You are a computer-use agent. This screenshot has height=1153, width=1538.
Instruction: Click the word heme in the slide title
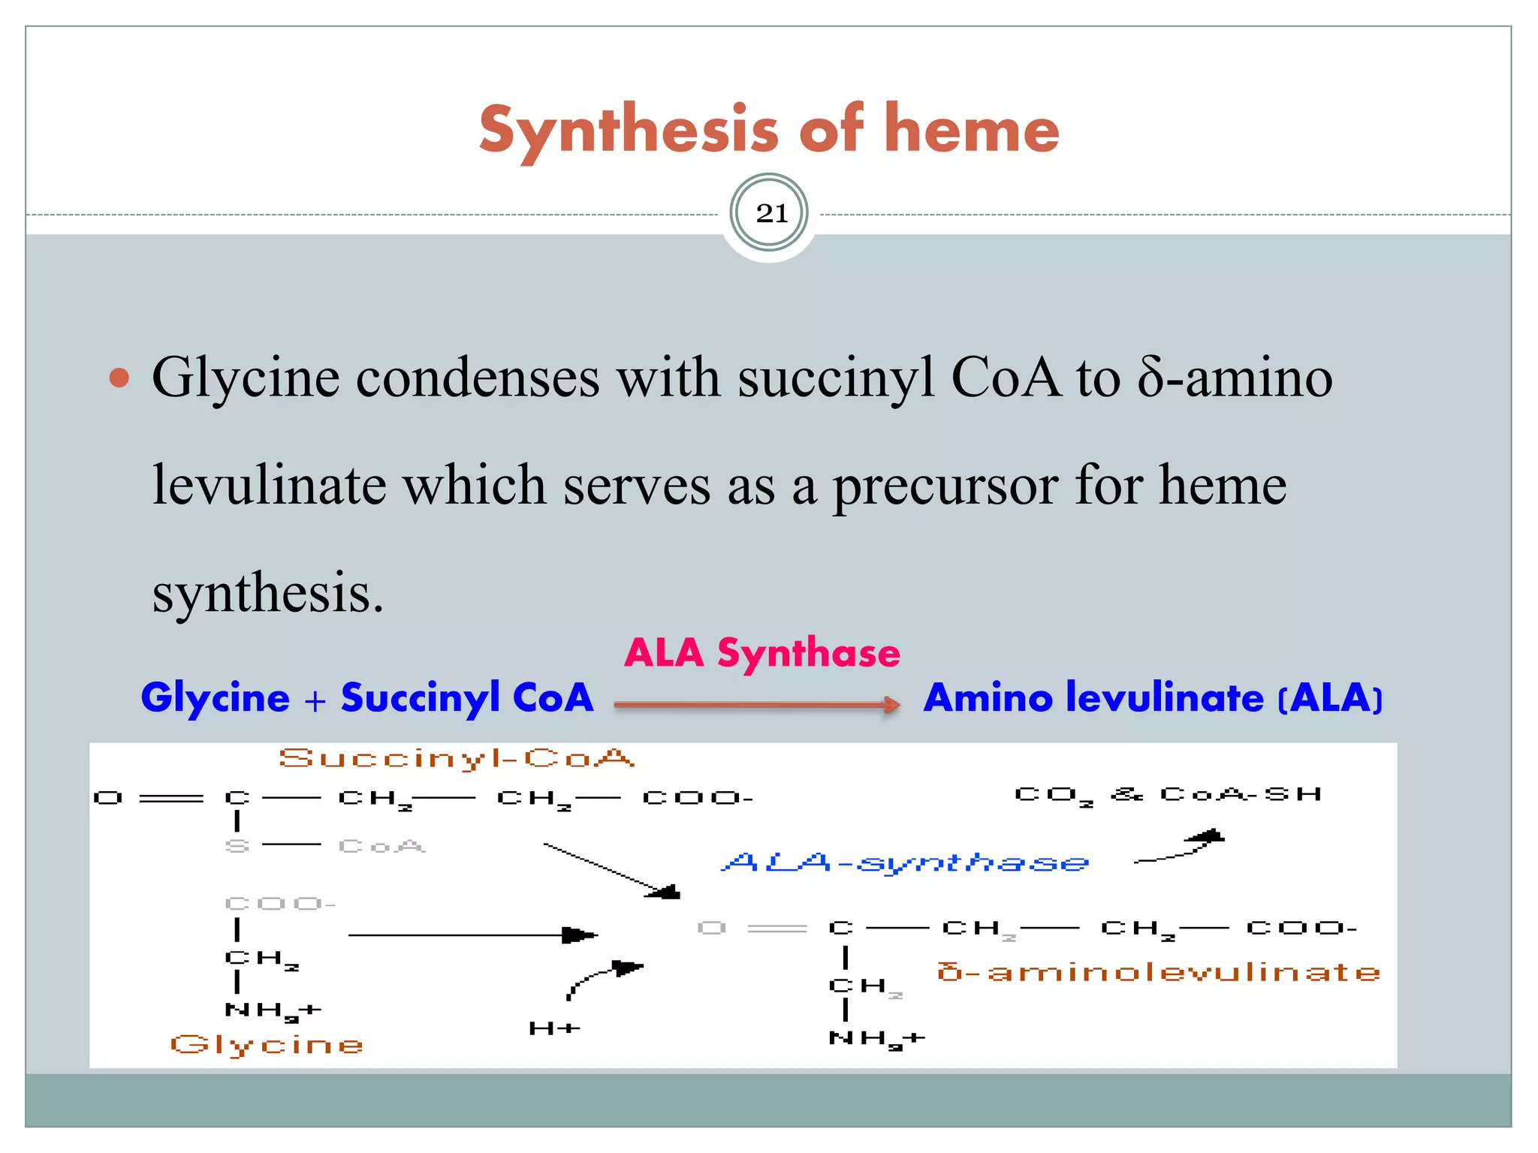point(972,129)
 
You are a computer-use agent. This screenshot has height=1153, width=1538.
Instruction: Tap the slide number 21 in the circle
point(771,214)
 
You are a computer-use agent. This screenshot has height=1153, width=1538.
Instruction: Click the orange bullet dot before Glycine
point(119,377)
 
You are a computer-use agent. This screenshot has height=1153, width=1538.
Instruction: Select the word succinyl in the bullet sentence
point(836,378)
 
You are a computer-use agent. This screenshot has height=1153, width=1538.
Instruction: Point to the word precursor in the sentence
point(945,486)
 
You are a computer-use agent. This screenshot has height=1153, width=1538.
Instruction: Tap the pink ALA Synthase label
point(761,652)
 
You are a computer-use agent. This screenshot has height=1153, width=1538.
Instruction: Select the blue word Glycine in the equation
point(215,697)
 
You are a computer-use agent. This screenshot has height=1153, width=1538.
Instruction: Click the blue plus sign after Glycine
point(315,700)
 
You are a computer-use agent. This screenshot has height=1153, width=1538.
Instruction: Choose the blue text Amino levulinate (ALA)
point(1152,697)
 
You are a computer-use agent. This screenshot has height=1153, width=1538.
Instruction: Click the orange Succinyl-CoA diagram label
point(457,758)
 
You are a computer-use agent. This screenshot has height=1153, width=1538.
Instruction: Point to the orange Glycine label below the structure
point(267,1044)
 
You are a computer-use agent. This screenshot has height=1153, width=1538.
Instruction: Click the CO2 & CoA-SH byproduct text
point(1167,795)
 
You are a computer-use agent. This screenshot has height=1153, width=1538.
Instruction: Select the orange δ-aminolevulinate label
point(1158,972)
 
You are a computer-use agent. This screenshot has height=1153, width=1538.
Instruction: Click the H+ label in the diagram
point(554,1028)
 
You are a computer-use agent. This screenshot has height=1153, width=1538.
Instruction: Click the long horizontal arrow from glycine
point(472,935)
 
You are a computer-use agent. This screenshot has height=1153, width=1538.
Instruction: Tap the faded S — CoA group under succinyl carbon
point(325,846)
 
